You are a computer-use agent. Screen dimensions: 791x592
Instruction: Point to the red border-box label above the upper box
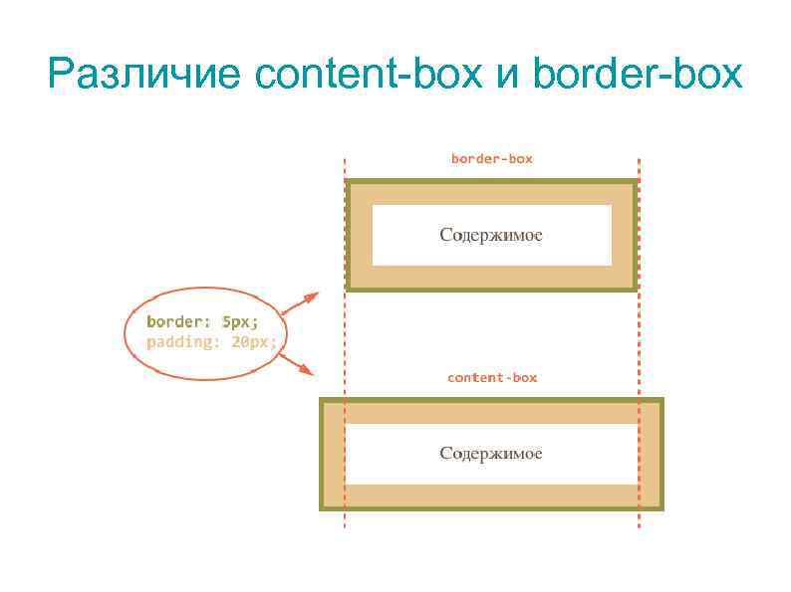click(x=491, y=158)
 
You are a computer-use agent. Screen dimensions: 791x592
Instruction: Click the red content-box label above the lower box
click(x=491, y=377)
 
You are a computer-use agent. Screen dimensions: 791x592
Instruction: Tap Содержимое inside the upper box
click(x=491, y=235)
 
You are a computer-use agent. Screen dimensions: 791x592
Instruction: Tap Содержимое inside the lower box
click(x=491, y=454)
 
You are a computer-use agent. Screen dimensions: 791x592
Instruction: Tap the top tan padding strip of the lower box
click(x=491, y=413)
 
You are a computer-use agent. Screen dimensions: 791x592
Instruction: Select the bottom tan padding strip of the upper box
click(x=491, y=276)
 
